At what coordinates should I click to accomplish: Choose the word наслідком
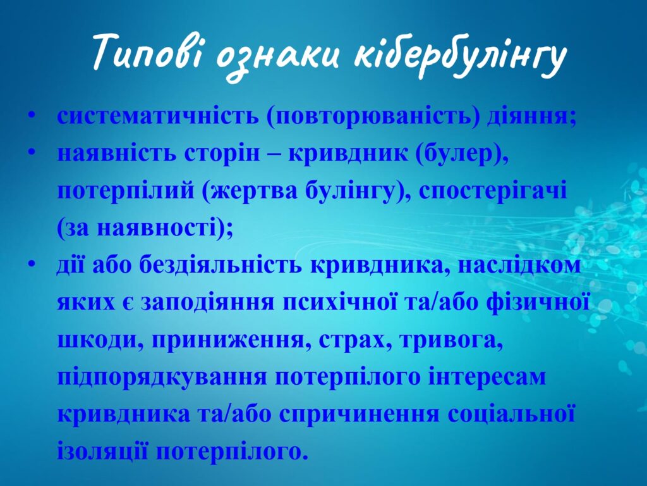click(519, 266)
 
